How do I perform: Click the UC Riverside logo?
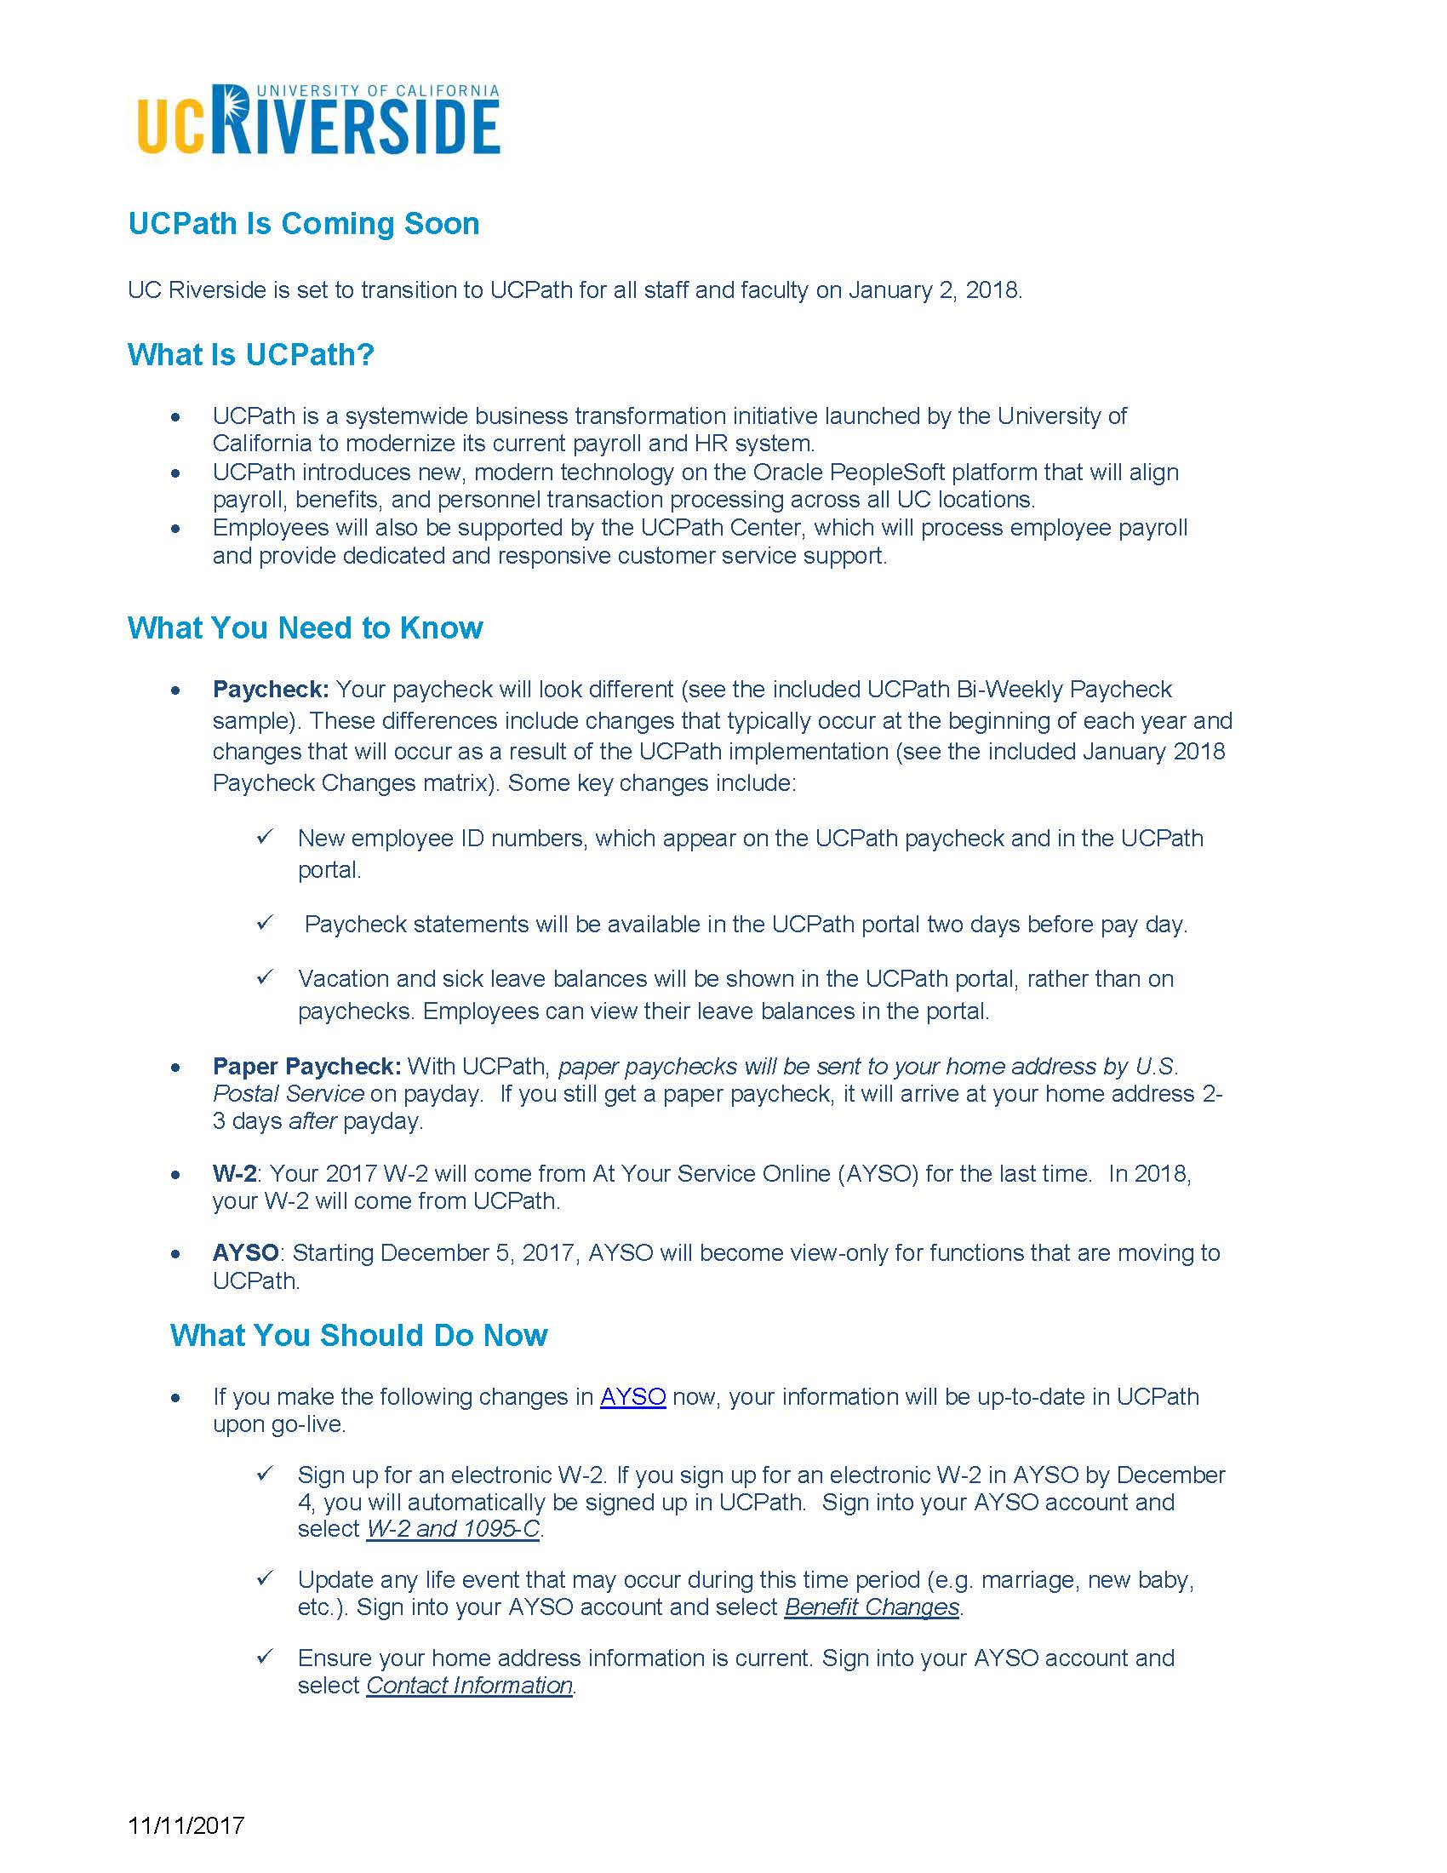pyautogui.click(x=318, y=120)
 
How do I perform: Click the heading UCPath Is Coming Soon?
pyautogui.click(x=304, y=224)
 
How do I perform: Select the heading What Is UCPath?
pyautogui.click(x=250, y=354)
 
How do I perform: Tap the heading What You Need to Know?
pyautogui.click(x=305, y=627)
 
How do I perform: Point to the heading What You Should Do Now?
pyautogui.click(x=358, y=1335)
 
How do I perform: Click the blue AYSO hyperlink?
pyautogui.click(x=632, y=1397)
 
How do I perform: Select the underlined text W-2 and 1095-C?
pyautogui.click(x=453, y=1529)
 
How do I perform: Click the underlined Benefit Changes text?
pyautogui.click(x=871, y=1607)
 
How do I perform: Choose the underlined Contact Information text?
pyautogui.click(x=469, y=1685)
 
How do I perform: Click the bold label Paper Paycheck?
pyautogui.click(x=307, y=1066)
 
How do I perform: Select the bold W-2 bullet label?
pyautogui.click(x=234, y=1173)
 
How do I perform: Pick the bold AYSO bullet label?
pyautogui.click(x=245, y=1253)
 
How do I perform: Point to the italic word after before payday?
pyautogui.click(x=312, y=1121)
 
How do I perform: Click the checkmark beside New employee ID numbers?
pyautogui.click(x=265, y=837)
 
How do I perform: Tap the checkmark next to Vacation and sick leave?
pyautogui.click(x=265, y=977)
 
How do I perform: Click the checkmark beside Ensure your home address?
pyautogui.click(x=265, y=1656)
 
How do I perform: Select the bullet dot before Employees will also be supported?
pyautogui.click(x=175, y=529)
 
